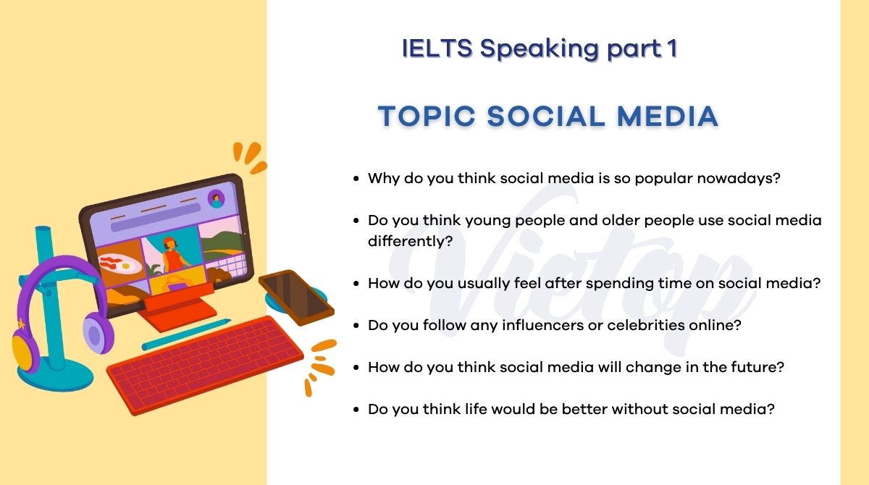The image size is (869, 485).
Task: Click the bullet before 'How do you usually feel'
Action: [356, 284]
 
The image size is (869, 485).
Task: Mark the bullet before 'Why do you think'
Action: [356, 178]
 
